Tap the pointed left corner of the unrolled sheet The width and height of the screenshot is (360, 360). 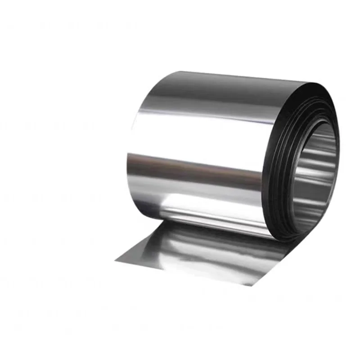116,260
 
